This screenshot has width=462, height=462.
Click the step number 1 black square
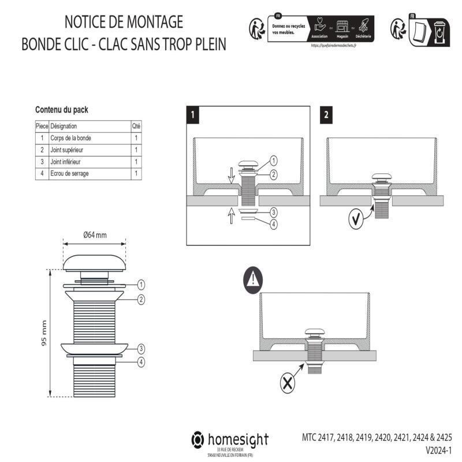pos(193,114)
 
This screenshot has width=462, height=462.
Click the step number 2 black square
pos(326,114)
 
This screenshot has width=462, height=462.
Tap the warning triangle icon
pos(253,281)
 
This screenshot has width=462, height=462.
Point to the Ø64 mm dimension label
pos(95,235)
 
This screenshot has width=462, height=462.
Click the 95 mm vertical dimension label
pos(44,334)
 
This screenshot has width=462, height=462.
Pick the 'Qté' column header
pos(136,126)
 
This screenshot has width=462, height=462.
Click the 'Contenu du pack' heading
pos(62,109)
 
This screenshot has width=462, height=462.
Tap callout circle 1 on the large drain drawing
pos(141,284)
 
